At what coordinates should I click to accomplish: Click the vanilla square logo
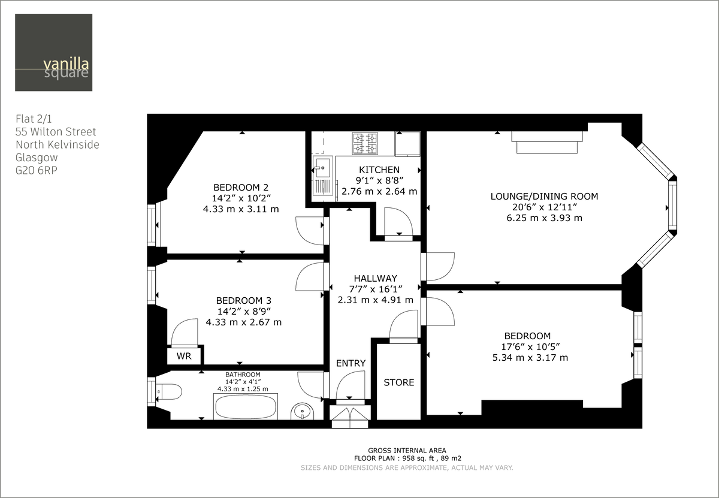pyautogui.click(x=54, y=53)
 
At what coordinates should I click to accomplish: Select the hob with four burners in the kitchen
pyautogui.click(x=364, y=143)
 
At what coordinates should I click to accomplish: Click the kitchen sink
pyautogui.click(x=322, y=165)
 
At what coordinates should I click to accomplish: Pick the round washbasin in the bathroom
pyautogui.click(x=303, y=412)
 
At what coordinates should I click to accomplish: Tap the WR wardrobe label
pyautogui.click(x=183, y=356)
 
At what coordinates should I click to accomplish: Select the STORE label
pyautogui.click(x=398, y=382)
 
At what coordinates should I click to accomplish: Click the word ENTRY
pyautogui.click(x=351, y=363)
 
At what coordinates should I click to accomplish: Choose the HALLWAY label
pyautogui.click(x=375, y=278)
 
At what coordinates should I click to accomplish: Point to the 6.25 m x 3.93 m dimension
pyautogui.click(x=544, y=218)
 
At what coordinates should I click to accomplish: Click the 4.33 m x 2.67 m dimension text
pyautogui.click(x=243, y=322)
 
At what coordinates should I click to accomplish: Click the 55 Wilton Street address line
pyautogui.click(x=56, y=132)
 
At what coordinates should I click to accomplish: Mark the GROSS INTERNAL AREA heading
pyautogui.click(x=407, y=450)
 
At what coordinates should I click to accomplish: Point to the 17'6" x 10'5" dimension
pyautogui.click(x=527, y=347)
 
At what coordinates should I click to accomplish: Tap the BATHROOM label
pyautogui.click(x=243, y=374)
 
